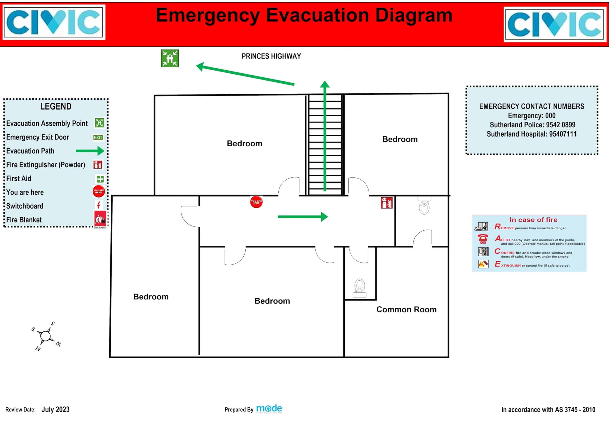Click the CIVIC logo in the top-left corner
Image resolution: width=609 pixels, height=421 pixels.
(x=54, y=22)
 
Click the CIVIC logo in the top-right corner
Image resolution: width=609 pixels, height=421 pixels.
(x=554, y=24)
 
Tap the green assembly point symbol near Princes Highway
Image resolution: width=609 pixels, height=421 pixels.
(x=170, y=58)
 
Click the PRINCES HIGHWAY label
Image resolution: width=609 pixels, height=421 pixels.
(x=271, y=56)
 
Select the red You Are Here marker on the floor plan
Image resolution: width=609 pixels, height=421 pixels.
(x=256, y=202)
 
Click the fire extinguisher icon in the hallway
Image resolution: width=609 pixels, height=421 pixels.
(x=386, y=203)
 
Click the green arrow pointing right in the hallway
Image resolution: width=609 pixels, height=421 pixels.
(x=303, y=217)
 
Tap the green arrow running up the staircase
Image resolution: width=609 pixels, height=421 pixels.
(x=325, y=136)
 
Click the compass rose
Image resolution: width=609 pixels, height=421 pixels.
(x=46, y=336)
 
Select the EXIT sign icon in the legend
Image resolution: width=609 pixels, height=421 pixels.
(x=98, y=137)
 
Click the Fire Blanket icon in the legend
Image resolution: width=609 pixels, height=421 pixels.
(x=100, y=220)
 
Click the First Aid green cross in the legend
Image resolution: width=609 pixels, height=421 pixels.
(x=100, y=179)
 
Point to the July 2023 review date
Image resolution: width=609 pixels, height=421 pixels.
(x=55, y=409)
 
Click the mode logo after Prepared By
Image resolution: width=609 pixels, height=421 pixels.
(x=269, y=409)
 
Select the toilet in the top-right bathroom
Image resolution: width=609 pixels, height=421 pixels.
(x=424, y=206)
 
